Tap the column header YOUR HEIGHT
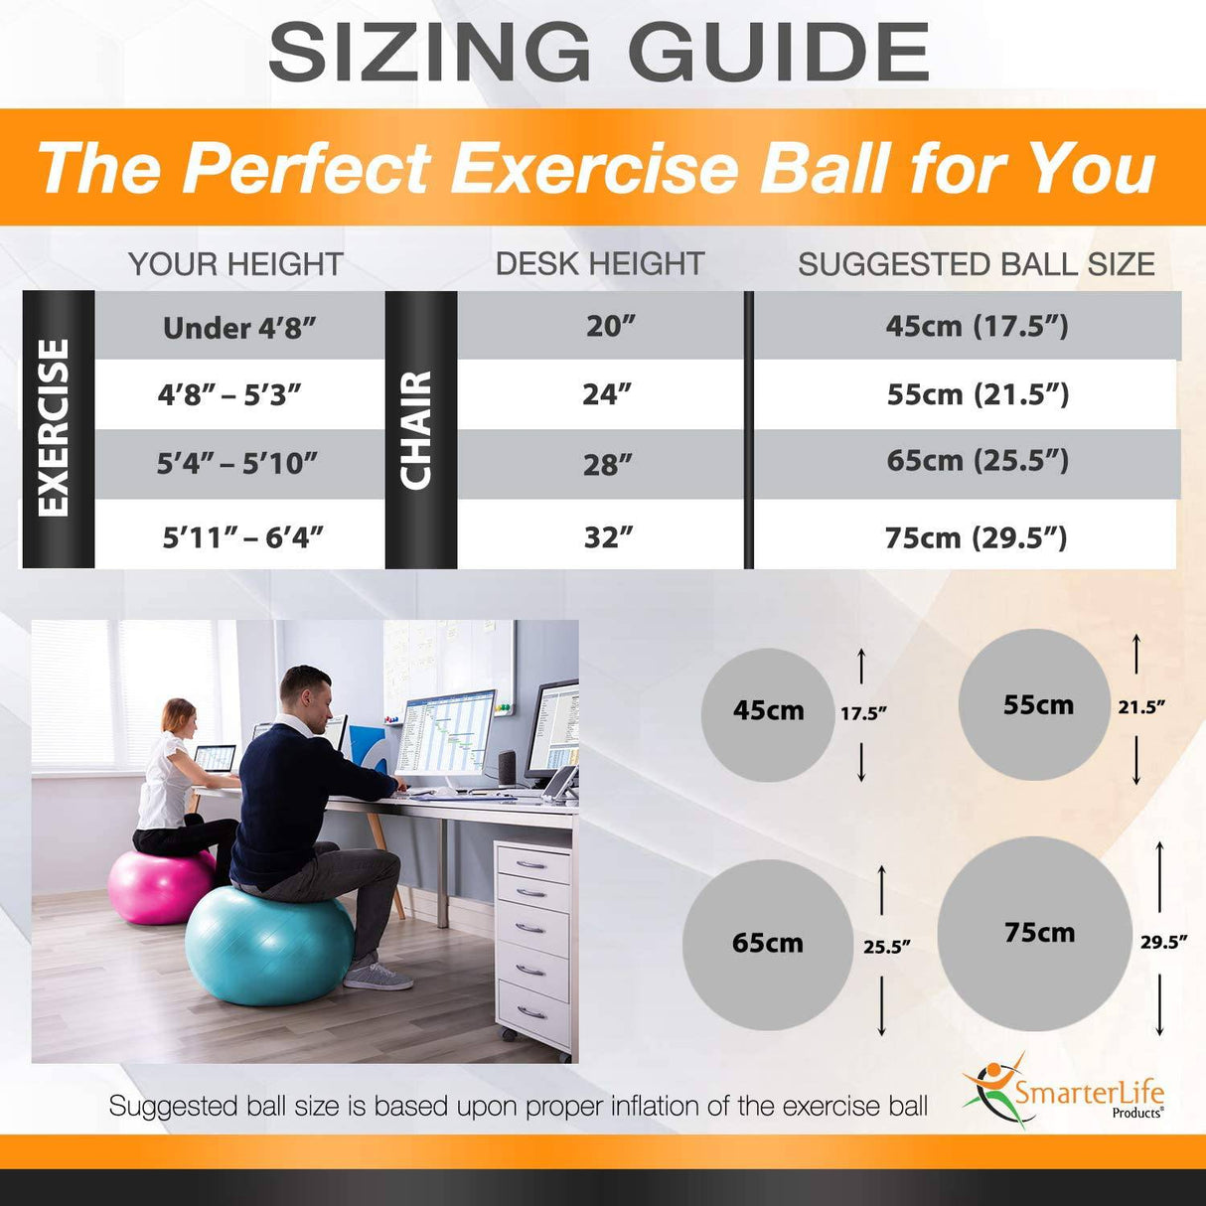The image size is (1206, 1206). tap(235, 264)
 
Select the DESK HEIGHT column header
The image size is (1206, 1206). tap(600, 263)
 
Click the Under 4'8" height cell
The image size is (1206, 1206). tap(239, 328)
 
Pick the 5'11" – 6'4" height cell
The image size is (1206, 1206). tap(242, 537)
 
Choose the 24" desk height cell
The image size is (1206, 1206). tap(607, 394)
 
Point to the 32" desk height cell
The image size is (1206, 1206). tap(608, 537)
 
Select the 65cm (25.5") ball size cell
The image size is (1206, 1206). tap(978, 461)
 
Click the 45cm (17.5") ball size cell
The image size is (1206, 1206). tap(978, 326)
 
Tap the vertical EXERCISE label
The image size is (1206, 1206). tap(56, 428)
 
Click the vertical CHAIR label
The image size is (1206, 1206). tap(418, 430)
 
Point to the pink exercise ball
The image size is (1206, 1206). tap(159, 885)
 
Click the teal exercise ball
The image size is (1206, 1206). tap(268, 945)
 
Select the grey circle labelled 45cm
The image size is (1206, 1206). tap(768, 711)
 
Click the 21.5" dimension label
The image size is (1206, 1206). tap(1141, 707)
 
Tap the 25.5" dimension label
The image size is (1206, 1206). tap(886, 947)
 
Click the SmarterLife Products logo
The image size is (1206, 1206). tap(1065, 1093)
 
